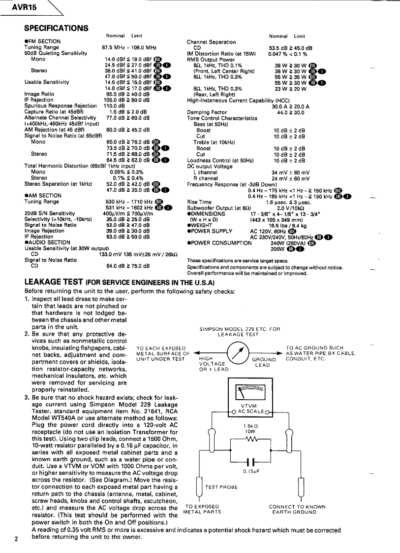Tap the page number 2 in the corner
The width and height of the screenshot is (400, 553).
point(16,539)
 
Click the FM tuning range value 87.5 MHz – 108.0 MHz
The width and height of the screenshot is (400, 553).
point(129,47)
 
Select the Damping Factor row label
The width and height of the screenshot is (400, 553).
point(206,112)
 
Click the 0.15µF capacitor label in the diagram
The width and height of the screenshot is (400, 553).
point(251,471)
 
